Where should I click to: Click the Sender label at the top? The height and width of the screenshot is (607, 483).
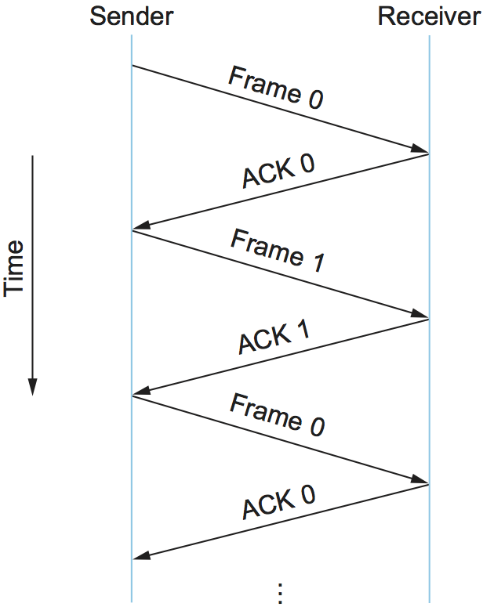tap(132, 16)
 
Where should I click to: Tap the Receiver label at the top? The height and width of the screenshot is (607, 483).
tap(429, 16)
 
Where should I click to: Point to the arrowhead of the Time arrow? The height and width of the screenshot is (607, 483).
tap(33, 387)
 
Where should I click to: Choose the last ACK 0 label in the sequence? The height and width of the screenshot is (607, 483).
tap(278, 502)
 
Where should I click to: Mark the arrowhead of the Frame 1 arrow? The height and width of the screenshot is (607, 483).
tap(422, 316)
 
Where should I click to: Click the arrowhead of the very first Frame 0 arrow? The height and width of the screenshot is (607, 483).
tap(422, 150)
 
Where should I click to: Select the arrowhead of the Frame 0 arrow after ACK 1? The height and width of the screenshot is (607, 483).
tap(422, 482)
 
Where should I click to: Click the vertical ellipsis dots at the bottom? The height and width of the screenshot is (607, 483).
tap(279, 592)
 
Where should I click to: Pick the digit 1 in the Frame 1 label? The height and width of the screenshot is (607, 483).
tap(317, 262)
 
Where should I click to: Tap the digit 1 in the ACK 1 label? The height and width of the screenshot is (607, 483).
tap(302, 332)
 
